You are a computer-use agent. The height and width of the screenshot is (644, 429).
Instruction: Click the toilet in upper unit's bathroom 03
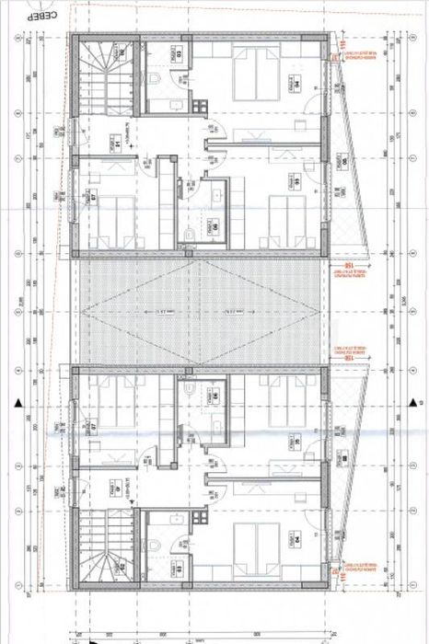pyautogui.click(x=159, y=82)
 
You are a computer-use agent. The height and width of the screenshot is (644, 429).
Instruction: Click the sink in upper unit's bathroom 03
pyautogui.click(x=176, y=56)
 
